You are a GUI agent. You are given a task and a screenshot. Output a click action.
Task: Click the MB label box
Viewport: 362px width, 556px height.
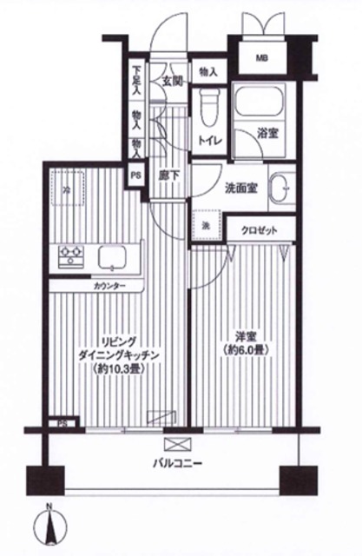point(261,59)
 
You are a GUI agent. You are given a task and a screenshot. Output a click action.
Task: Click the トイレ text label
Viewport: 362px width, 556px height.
point(209,139)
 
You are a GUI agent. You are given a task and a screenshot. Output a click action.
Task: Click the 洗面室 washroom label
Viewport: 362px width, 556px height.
point(240,188)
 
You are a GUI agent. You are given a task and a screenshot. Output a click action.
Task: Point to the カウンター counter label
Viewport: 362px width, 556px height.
point(109,285)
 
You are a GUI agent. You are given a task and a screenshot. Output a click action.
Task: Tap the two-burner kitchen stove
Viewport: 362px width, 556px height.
point(69,256)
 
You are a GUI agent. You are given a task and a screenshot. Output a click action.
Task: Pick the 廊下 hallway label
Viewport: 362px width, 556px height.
point(169,175)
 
